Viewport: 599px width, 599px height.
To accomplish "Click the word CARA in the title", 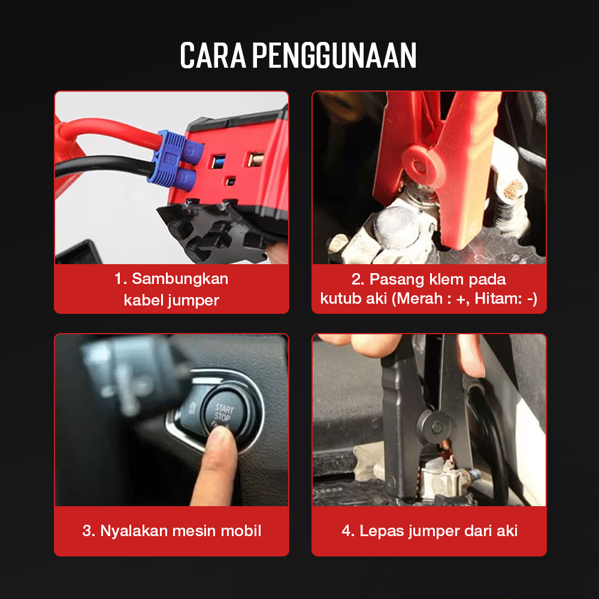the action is point(213,55).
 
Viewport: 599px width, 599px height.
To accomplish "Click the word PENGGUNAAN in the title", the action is point(334,55).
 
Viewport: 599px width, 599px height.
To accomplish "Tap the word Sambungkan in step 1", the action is point(180,279).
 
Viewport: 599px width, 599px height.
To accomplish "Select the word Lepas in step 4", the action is point(382,531).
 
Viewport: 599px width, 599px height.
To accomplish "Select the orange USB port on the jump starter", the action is point(256,159).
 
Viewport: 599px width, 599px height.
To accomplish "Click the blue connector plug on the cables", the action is point(177,159).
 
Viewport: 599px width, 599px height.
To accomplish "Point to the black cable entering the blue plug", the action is point(103,167).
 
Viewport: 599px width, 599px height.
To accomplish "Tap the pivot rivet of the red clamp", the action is point(419,165).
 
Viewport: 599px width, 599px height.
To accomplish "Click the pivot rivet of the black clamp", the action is point(436,427).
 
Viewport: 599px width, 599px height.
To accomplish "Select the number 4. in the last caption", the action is point(348,531).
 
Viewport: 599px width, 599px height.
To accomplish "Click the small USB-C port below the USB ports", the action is point(231,181).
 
